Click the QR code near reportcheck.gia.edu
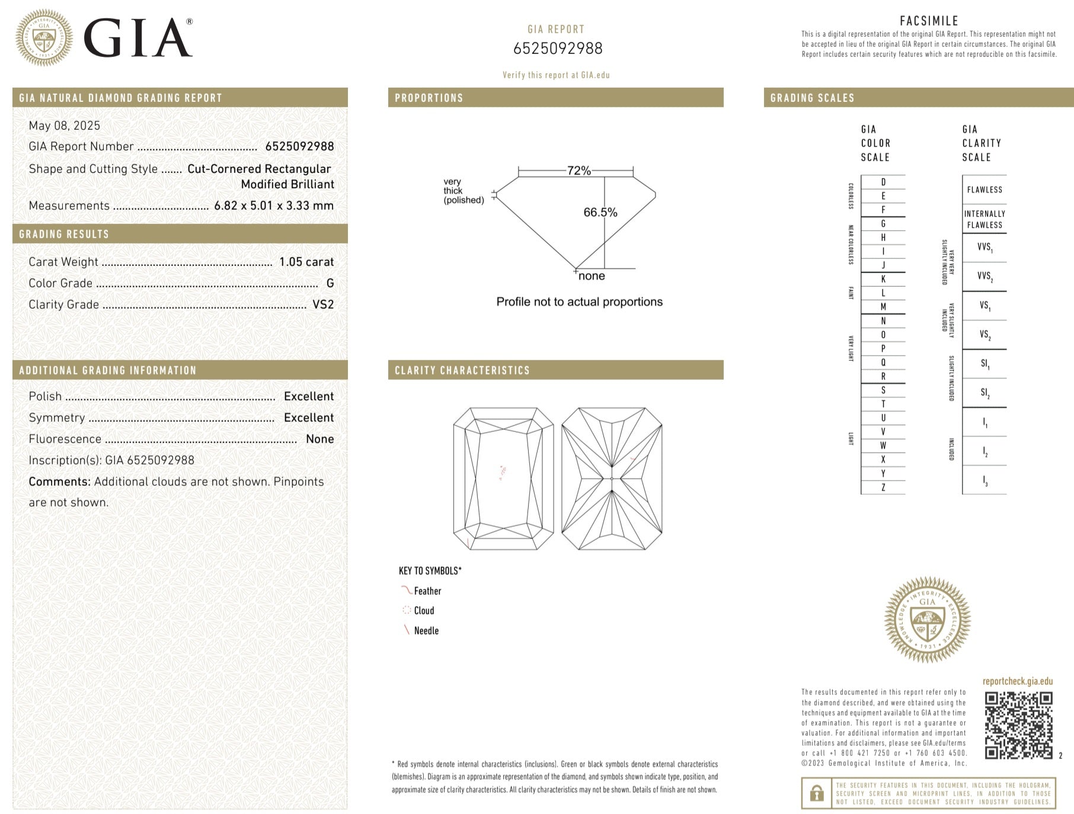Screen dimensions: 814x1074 (1018, 725)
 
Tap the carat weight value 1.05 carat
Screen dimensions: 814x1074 (306, 262)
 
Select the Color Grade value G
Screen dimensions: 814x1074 (330, 283)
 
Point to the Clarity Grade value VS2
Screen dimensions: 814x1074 (323, 305)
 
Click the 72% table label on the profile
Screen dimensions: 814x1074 (578, 171)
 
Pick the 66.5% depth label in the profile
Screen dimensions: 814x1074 (600, 212)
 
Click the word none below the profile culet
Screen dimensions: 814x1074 (592, 276)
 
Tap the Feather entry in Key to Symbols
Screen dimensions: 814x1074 (427, 591)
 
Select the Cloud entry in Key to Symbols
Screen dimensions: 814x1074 (424, 611)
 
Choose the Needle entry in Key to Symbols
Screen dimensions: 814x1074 (426, 631)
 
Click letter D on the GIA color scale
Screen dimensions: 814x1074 (883, 182)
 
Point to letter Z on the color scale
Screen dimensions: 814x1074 (883, 488)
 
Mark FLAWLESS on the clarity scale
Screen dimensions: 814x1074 (984, 190)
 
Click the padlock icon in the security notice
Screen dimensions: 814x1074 (817, 793)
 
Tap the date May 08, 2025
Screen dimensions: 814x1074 (65, 126)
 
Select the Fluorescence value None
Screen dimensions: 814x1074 (319, 439)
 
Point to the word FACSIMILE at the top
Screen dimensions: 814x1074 (929, 21)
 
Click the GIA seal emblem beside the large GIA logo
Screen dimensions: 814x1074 (44, 37)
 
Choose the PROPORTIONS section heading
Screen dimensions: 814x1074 (429, 98)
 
